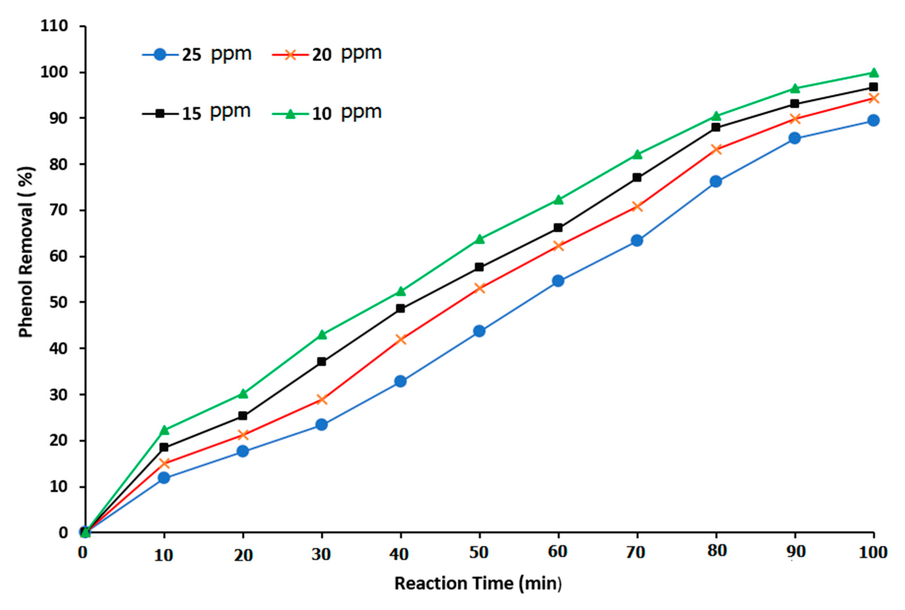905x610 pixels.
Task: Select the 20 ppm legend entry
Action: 327,54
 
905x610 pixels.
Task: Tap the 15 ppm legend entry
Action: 197,113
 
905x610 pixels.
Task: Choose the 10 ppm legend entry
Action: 327,113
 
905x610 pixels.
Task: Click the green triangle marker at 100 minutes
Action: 873,73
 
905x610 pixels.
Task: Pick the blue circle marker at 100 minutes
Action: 873,120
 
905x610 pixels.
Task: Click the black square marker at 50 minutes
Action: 480,267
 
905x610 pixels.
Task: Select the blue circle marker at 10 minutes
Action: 164,477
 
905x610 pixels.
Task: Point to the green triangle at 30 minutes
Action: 321,334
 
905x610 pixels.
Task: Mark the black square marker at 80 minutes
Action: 715,127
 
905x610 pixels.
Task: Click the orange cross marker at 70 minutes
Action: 637,206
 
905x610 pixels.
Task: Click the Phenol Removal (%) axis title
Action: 26,252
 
